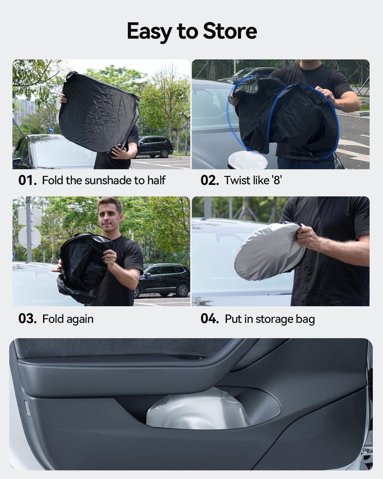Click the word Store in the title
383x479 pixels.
[230, 31]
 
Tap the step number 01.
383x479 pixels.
[27, 180]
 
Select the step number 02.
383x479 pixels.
[209, 180]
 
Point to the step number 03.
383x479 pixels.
[27, 319]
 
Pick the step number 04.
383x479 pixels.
[209, 319]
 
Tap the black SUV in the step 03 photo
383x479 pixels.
[162, 280]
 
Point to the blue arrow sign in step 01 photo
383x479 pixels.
[51, 130]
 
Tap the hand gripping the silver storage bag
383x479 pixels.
[308, 237]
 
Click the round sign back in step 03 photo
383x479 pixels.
[30, 237]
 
